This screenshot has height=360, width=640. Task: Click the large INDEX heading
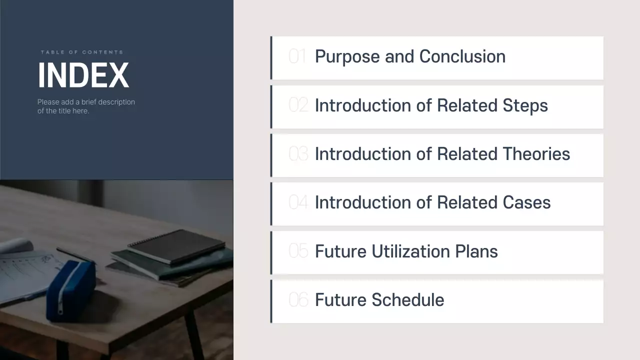pyautogui.click(x=83, y=75)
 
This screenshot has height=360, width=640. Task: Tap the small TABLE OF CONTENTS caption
pyautogui.click(x=82, y=52)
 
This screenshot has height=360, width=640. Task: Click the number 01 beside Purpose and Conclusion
pyautogui.click(x=298, y=56)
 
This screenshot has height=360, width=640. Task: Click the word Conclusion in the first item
pyautogui.click(x=462, y=56)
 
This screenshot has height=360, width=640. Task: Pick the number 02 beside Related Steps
pyautogui.click(x=298, y=105)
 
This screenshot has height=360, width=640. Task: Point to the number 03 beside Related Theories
pyautogui.click(x=298, y=154)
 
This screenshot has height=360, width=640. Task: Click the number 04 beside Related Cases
pyautogui.click(x=298, y=202)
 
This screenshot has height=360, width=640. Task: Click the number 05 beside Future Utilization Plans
pyautogui.click(x=298, y=251)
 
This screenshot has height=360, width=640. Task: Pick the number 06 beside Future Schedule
pyautogui.click(x=298, y=300)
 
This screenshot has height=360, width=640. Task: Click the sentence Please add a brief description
pyautogui.click(x=86, y=102)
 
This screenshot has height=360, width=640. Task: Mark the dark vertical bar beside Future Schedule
pyautogui.click(x=271, y=301)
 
